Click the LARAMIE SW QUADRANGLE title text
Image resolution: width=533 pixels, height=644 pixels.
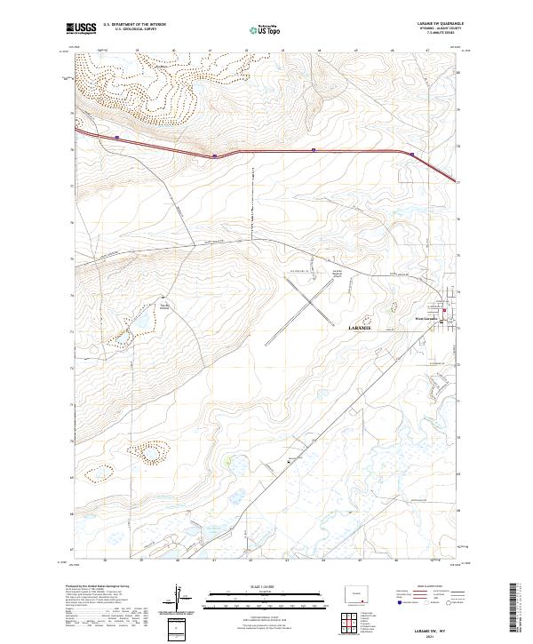pyautogui.click(x=439, y=24)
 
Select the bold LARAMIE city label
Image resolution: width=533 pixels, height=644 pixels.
pyautogui.click(x=359, y=328)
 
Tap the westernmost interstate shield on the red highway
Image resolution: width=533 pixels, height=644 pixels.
pyautogui.click(x=116, y=137)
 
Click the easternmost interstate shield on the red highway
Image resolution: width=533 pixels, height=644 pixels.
pyautogui.click(x=413, y=153)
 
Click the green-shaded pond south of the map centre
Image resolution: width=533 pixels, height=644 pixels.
pyautogui.click(x=230, y=461)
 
